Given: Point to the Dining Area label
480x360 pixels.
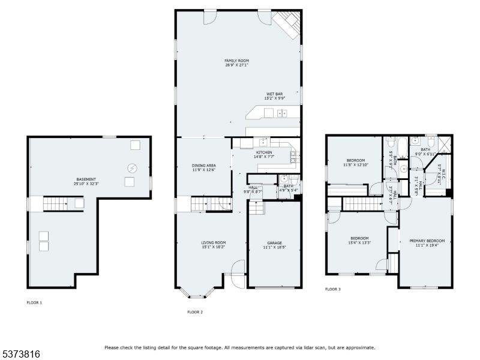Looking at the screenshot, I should point(203,167).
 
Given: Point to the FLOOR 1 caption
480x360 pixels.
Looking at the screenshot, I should point(34,302).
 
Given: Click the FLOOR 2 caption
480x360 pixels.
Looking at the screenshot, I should point(195,312).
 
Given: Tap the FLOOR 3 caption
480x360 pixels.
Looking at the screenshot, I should point(333,289).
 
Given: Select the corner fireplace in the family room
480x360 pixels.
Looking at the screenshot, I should point(287,25).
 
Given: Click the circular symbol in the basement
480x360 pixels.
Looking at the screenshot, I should point(131,168).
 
